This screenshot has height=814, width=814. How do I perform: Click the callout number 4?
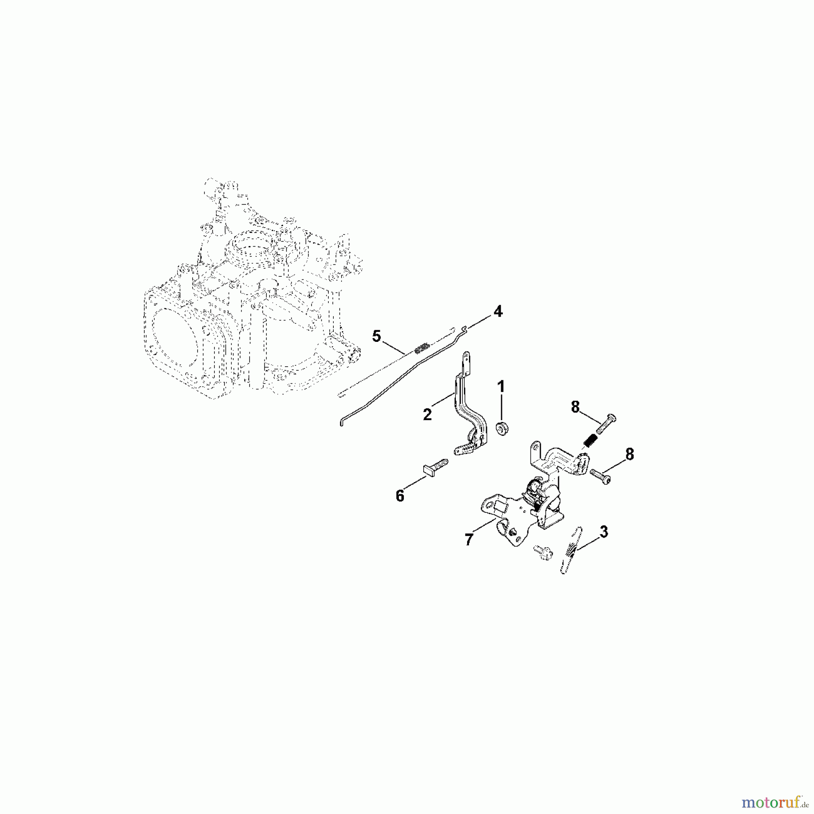[497, 311]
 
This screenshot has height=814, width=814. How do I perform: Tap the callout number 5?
[376, 336]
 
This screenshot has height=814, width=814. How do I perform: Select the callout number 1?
[501, 387]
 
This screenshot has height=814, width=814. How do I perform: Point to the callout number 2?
[427, 414]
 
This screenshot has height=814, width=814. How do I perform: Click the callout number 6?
[400, 496]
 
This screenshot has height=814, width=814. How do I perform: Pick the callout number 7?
[469, 539]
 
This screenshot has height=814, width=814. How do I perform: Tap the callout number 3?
[603, 532]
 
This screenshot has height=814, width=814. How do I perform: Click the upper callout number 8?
[575, 407]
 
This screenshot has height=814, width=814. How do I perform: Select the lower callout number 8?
[629, 454]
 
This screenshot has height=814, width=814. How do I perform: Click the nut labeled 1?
[501, 427]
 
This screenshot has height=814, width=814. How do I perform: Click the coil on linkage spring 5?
[421, 348]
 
